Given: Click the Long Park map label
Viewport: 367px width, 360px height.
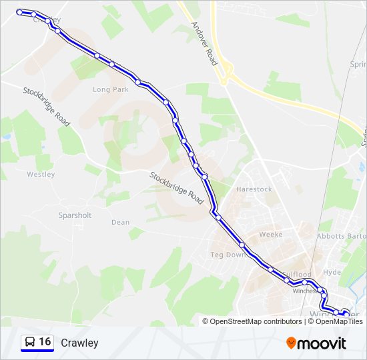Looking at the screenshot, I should coord(110,89).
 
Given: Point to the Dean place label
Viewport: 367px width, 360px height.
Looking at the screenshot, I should coord(120,223).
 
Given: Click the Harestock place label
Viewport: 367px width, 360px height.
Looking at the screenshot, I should coord(254,189).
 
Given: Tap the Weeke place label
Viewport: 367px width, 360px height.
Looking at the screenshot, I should coord(271,235).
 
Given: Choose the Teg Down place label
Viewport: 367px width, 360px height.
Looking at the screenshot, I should coord(228,255).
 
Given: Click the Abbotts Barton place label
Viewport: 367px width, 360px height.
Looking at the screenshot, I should coord(342,236).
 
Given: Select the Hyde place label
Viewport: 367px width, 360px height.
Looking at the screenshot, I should coord(332,273).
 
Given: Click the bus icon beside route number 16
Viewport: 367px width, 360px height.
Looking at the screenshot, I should coord(30,343).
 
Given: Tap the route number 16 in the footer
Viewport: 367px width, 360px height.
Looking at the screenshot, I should coord(45,342).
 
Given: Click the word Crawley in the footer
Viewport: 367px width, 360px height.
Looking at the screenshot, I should coord(79,343).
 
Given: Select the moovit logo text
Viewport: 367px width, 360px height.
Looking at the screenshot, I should coord(322,343).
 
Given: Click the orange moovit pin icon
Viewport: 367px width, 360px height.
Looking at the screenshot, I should coord(292,343).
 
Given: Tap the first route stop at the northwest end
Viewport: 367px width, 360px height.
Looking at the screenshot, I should coord(19,11).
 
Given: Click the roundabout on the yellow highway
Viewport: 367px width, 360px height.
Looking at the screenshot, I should coord(227,69).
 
